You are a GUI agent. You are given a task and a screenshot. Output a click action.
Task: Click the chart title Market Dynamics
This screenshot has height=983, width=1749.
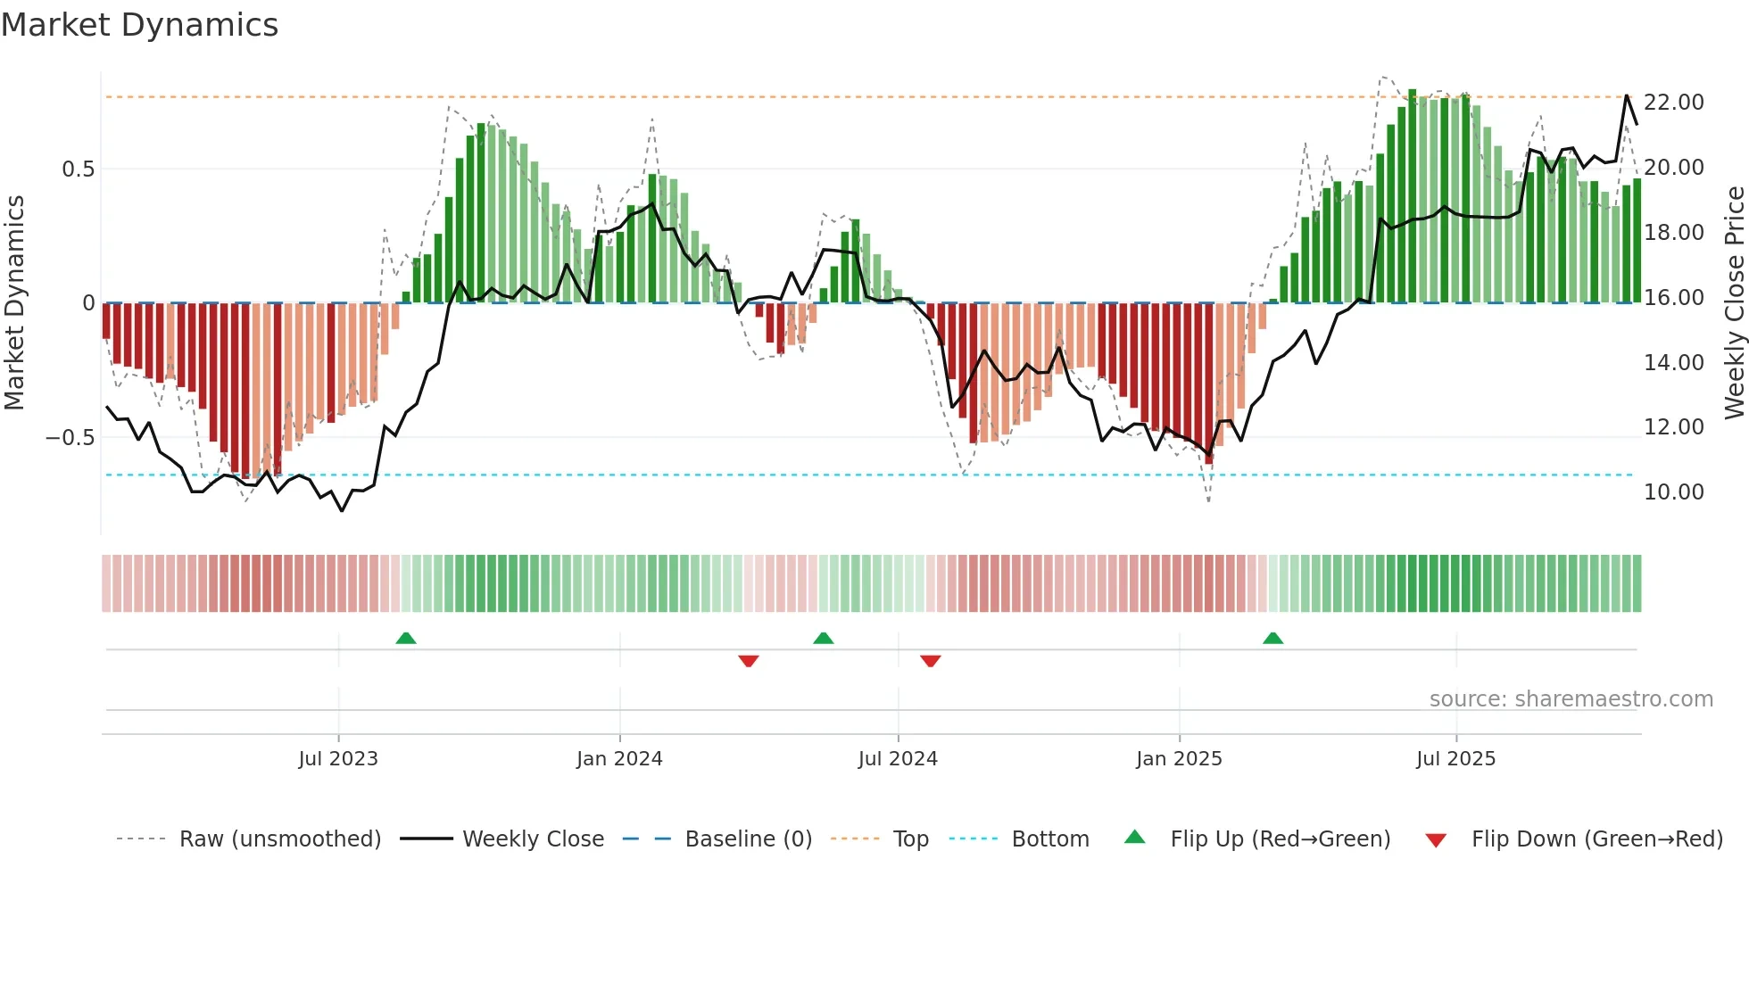pyautogui.click(x=139, y=25)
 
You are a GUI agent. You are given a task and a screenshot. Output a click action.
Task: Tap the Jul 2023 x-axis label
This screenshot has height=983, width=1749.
pyautogui.click(x=338, y=759)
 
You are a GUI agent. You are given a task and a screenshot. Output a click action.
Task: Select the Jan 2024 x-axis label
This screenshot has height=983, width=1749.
pyautogui.click(x=619, y=759)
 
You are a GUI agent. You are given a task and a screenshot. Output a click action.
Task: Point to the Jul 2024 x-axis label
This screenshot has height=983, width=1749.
pyautogui.click(x=898, y=759)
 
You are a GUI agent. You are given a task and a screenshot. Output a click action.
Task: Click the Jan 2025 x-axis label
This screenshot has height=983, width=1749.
pyautogui.click(x=1179, y=759)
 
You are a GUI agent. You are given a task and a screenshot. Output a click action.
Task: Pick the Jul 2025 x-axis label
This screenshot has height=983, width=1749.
pyautogui.click(x=1455, y=759)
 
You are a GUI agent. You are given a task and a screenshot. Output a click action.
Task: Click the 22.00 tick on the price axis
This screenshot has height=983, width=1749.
pyautogui.click(x=1673, y=103)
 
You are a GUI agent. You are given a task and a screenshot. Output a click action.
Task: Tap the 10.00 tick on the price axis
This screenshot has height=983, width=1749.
pyautogui.click(x=1673, y=492)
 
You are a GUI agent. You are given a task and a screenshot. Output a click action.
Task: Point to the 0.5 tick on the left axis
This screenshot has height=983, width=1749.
pyautogui.click(x=78, y=169)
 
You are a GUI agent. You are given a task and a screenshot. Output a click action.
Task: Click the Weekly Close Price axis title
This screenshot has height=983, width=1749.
pyautogui.click(x=1734, y=303)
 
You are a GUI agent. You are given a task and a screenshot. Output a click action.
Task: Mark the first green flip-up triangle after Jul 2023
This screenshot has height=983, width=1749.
pyautogui.click(x=406, y=638)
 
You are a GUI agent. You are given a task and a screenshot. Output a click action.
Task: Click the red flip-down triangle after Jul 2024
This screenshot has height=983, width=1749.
pyautogui.click(x=931, y=661)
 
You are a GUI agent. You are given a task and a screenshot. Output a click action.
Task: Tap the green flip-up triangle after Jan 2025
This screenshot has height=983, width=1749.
pyautogui.click(x=1273, y=638)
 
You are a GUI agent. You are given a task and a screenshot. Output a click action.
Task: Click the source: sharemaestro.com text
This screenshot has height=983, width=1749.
pyautogui.click(x=1571, y=699)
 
